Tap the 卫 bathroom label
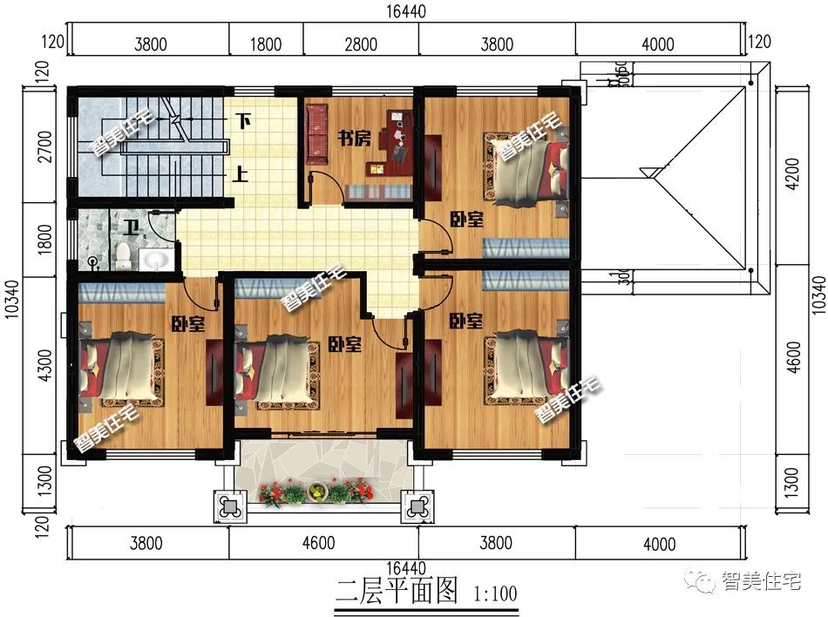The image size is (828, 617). pyautogui.click(x=130, y=229)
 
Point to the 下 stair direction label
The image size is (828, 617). pyautogui.click(x=245, y=121)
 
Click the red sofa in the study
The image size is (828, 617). pyautogui.click(x=316, y=135)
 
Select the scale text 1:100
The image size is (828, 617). pyautogui.click(x=494, y=594)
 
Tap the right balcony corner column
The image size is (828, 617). pyautogui.click(x=415, y=505)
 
